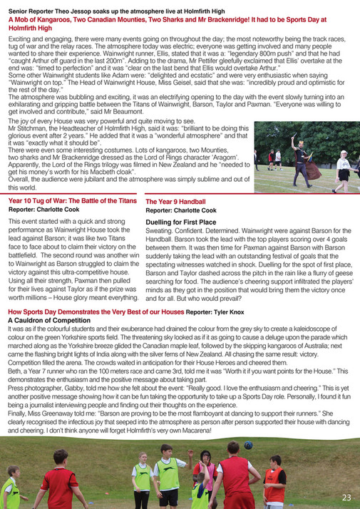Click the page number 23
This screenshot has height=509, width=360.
pyautogui.click(x=346, y=497)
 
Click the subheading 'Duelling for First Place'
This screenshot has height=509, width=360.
pyautogui.click(x=180, y=222)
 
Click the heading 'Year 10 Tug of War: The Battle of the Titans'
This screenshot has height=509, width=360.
pyautogui.click(x=72, y=202)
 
